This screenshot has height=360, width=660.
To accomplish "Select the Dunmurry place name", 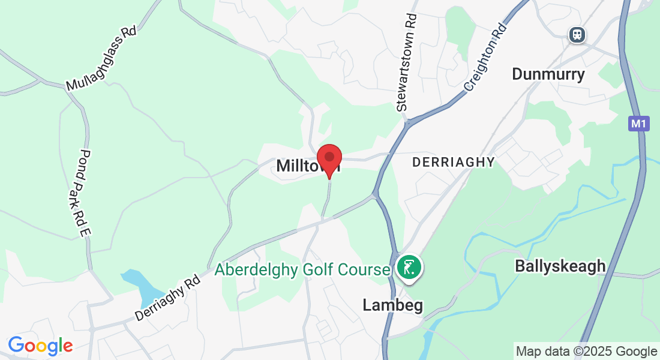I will point(548,74).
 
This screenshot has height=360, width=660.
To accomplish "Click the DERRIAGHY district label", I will point(454,162).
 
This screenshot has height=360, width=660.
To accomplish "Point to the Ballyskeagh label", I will point(560,266).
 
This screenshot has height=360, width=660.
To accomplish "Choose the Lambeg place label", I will point(393,305).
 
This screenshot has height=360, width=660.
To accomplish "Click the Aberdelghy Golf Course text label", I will point(302,270).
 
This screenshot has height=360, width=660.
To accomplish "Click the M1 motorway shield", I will point(639,124).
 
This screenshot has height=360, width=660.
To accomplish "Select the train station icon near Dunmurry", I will point(578,34).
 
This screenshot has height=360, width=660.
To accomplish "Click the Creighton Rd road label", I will point(485,58).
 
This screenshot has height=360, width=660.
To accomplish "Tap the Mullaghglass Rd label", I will point(101,58).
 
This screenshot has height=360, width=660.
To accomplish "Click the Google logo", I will point(40,346).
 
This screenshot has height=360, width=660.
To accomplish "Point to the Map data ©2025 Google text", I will point(586,351).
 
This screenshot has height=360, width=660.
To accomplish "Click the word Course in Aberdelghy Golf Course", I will point(364,270).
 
